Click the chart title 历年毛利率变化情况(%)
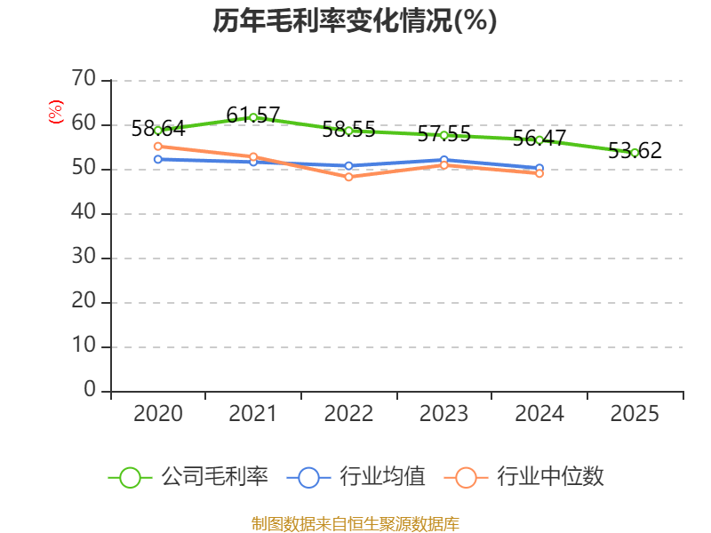(x=355, y=21)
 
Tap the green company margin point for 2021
(x=253, y=117)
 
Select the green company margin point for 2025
(x=635, y=153)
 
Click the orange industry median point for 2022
(x=348, y=177)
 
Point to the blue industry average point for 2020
(x=158, y=159)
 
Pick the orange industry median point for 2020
(x=158, y=147)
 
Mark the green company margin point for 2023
(x=443, y=135)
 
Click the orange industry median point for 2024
(x=539, y=173)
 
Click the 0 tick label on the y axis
(x=89, y=391)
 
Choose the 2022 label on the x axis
(x=348, y=414)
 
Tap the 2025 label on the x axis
(x=635, y=414)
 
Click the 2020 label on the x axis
(x=158, y=414)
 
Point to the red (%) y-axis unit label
(x=56, y=113)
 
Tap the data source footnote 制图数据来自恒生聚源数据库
(x=355, y=523)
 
